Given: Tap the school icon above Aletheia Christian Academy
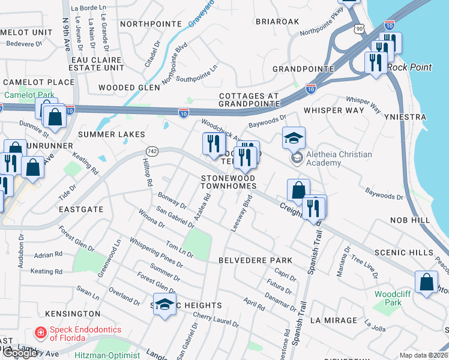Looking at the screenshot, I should click(x=294, y=139).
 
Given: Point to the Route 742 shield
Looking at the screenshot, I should click(x=150, y=152).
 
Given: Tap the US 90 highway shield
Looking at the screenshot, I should click(x=359, y=28).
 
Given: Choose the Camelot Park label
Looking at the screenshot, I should click(x=29, y=95).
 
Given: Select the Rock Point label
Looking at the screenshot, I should click(x=409, y=67).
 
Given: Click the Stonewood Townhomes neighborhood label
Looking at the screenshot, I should click(x=228, y=182).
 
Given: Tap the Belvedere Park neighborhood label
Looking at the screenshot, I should click(x=255, y=260).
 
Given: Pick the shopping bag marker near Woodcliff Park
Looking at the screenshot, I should click(x=426, y=282).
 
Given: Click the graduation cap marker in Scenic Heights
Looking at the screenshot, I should click(x=165, y=305).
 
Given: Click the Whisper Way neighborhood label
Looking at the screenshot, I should click(x=334, y=110).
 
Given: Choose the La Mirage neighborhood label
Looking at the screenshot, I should click(x=333, y=320).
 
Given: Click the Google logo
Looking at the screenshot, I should click(x=20, y=353).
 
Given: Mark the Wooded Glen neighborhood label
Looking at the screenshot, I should click(x=129, y=88).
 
